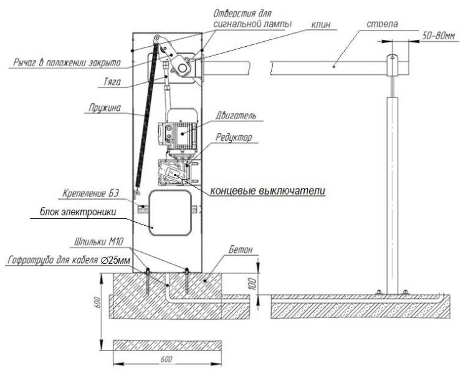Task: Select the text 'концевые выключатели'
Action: pos(267,190)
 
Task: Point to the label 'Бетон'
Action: pos(243,249)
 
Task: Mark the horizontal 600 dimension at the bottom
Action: pos(165,359)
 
